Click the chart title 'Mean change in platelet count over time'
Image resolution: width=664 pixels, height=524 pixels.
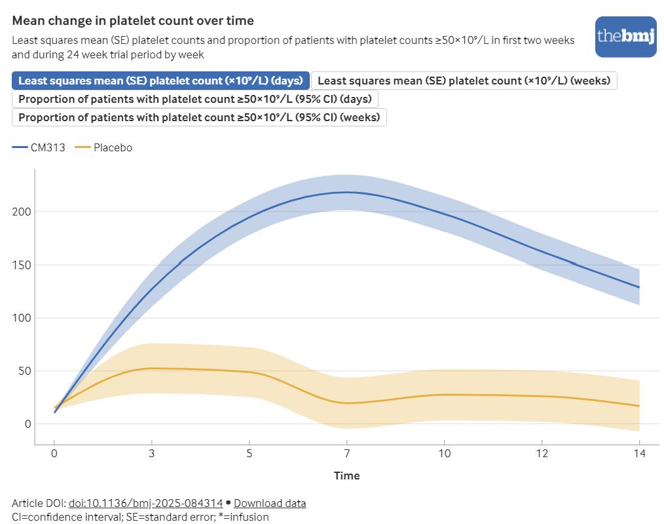click(x=133, y=21)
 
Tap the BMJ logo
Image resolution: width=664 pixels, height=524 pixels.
click(x=625, y=37)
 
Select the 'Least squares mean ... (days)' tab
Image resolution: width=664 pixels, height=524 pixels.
click(x=160, y=81)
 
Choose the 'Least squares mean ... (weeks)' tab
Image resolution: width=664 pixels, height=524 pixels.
click(x=464, y=81)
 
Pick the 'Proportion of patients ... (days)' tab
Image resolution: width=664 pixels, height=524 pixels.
click(x=194, y=99)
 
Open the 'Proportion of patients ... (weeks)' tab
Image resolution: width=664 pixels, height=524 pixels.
click(x=199, y=117)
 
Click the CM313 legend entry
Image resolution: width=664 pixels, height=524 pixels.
click(x=39, y=148)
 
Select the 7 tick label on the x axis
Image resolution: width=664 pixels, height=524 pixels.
click(x=347, y=453)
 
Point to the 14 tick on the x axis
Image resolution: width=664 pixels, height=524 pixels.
click(x=639, y=453)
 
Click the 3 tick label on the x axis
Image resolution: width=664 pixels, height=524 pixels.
click(x=152, y=453)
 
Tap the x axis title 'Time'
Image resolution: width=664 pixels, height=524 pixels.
click(x=346, y=476)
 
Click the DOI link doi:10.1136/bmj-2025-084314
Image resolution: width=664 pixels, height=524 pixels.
click(x=145, y=503)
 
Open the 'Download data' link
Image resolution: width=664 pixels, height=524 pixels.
click(x=270, y=503)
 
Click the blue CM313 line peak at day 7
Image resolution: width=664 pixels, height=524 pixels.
click(x=347, y=192)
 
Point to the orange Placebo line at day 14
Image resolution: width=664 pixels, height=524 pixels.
click(x=638, y=406)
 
